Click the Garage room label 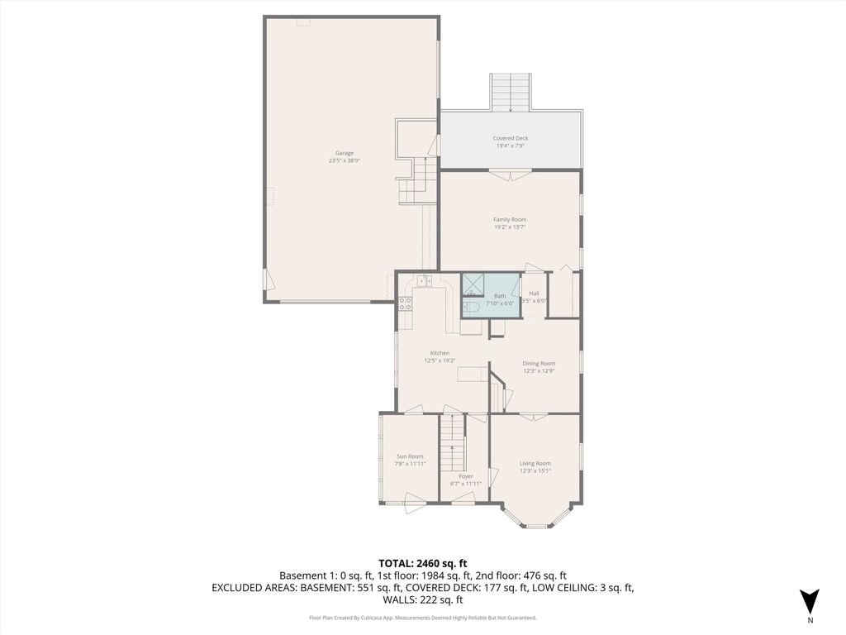(345, 153)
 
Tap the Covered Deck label (510, 138)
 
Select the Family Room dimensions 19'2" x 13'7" (510, 227)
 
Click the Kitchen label (440, 353)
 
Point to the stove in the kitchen (406, 303)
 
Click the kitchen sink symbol (425, 282)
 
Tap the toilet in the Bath (472, 307)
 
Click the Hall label (535, 294)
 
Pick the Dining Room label (539, 363)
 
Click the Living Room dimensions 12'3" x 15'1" (535, 471)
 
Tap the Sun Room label (410, 456)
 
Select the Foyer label (466, 476)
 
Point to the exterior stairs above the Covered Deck (511, 92)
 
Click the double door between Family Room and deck (510, 174)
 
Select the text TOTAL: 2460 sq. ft (423, 562)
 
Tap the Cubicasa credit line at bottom (423, 618)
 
